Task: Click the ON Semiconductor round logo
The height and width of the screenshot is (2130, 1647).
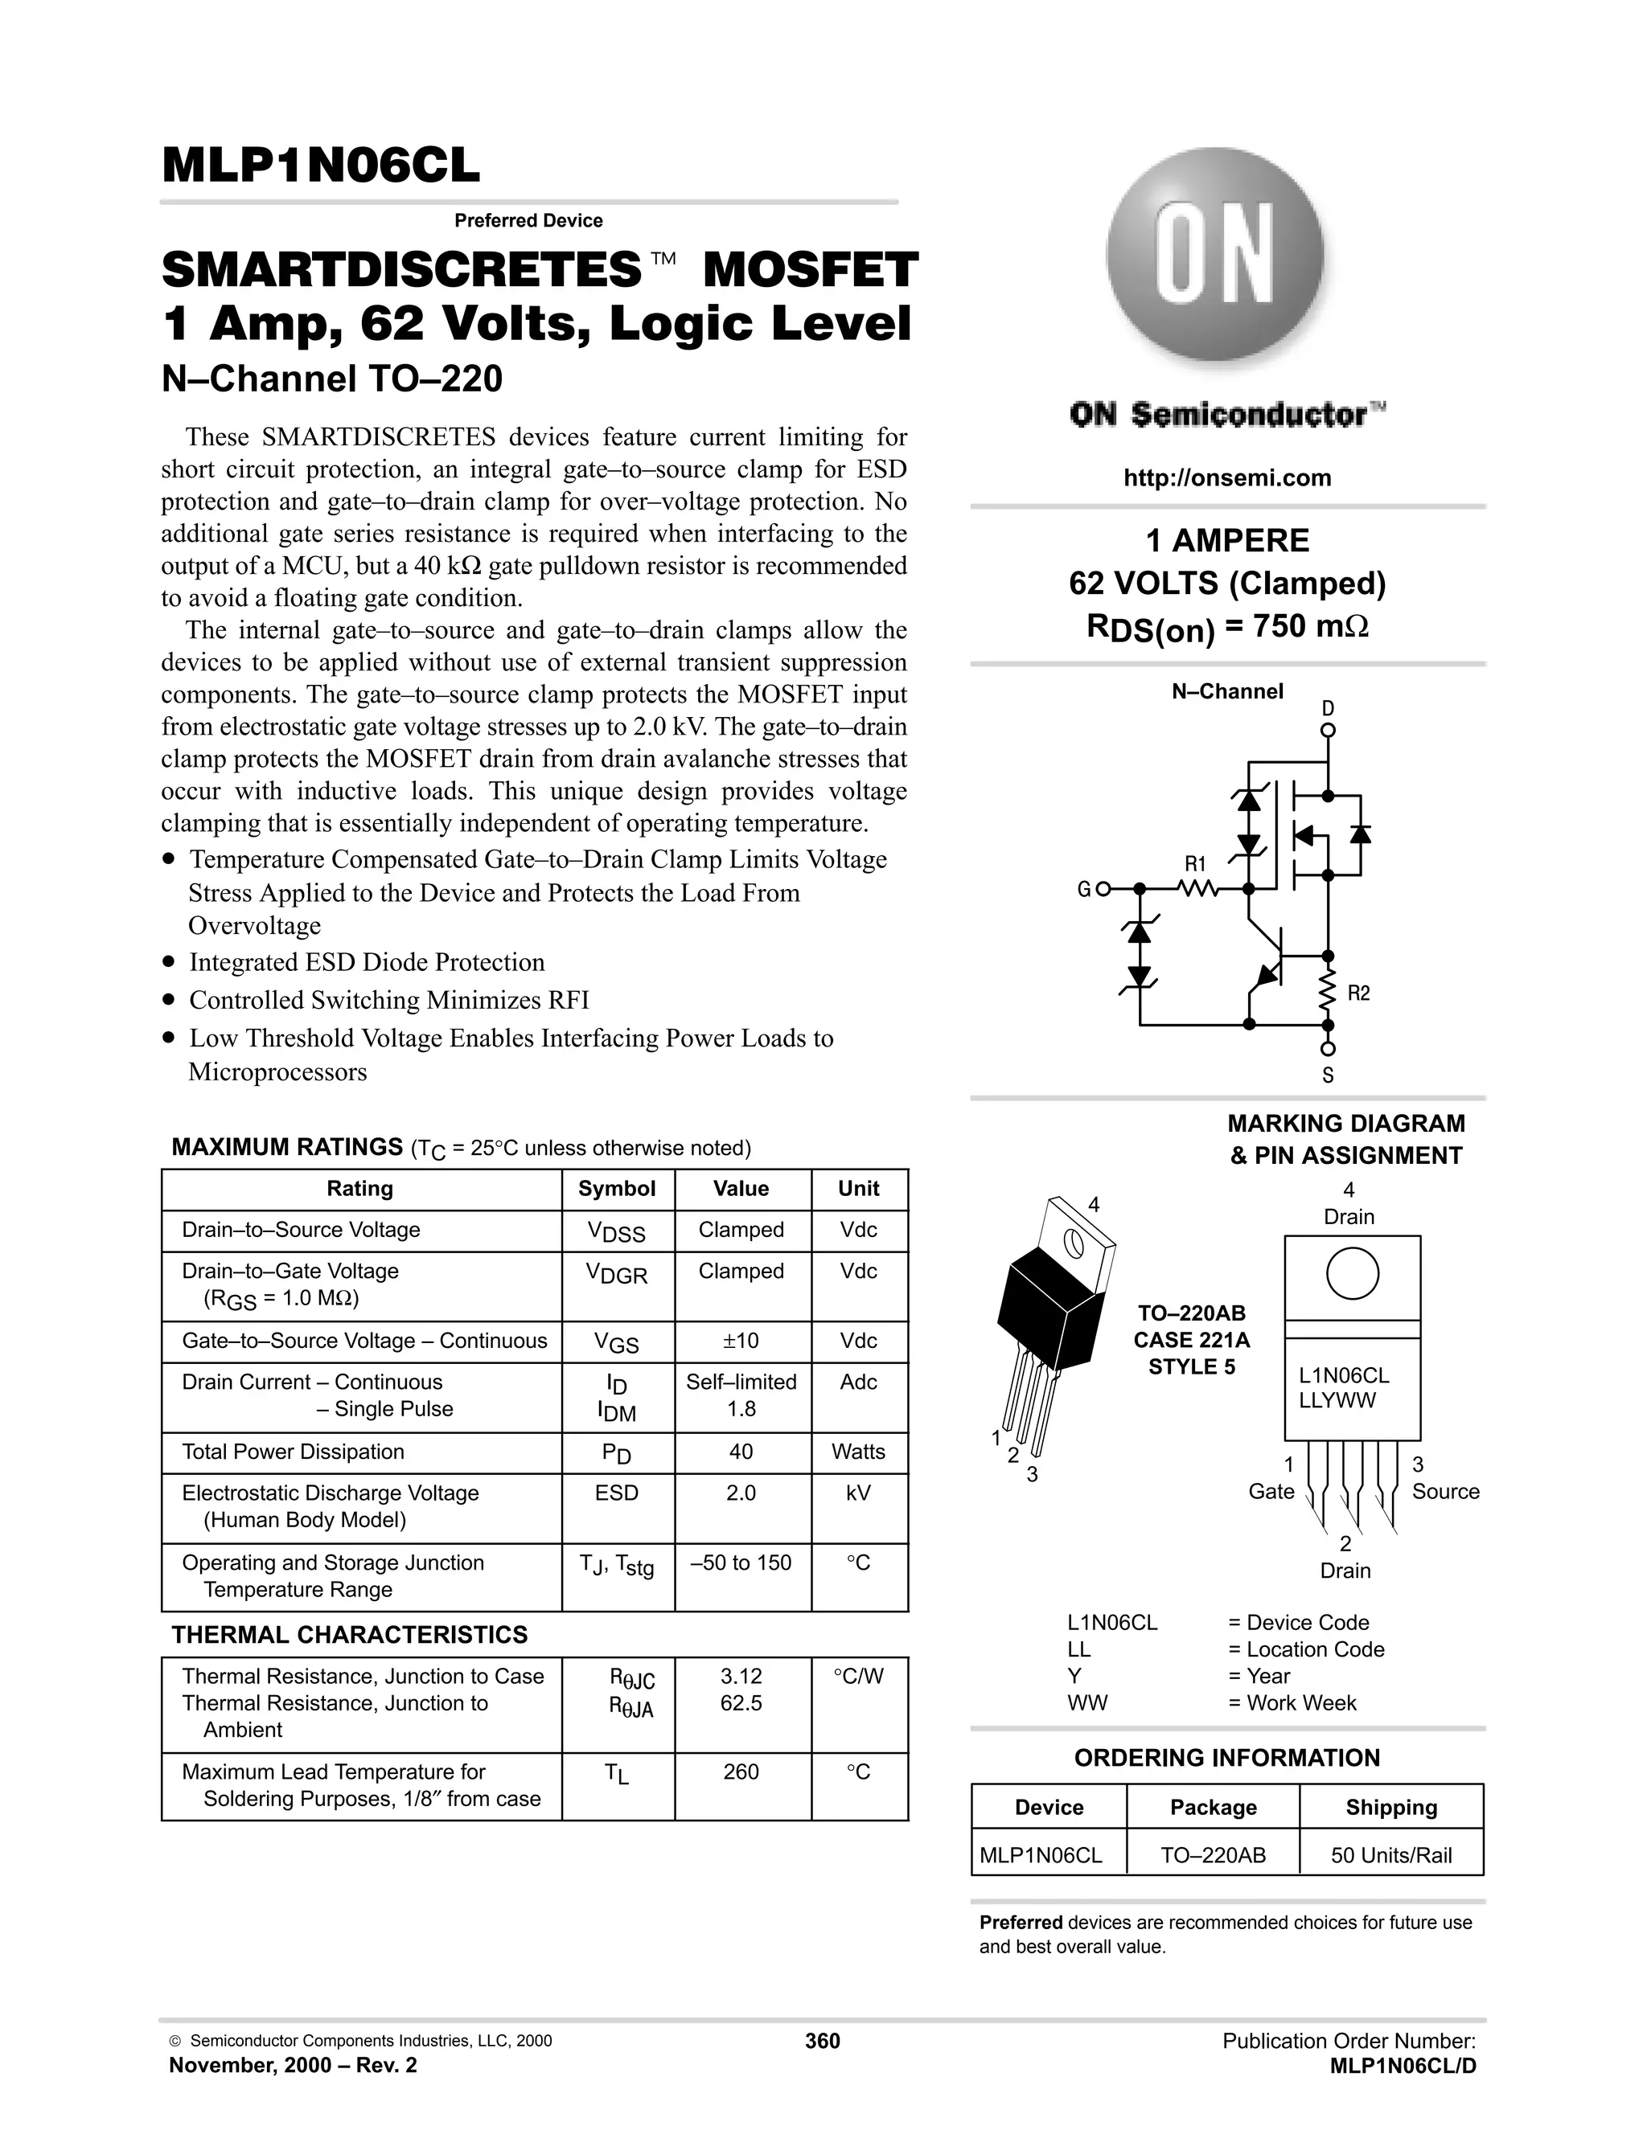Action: coord(1215,257)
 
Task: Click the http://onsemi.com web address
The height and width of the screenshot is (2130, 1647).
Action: coord(1226,478)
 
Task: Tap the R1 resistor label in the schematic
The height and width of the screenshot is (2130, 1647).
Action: coord(1195,864)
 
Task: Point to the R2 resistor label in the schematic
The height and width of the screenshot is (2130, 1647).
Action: coord(1358,993)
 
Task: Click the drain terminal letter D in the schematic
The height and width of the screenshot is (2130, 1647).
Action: coord(1328,708)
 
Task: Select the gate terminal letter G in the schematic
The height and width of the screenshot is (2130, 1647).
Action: coord(1083,890)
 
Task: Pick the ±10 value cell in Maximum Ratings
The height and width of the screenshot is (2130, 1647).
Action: coord(741,1341)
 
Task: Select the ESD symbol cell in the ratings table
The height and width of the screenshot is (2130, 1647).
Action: coord(617,1493)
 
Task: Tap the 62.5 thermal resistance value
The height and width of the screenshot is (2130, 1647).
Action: coord(741,1703)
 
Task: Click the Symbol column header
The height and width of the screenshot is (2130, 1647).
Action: coord(617,1189)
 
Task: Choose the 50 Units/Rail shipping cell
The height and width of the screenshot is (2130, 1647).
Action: coord(1390,1855)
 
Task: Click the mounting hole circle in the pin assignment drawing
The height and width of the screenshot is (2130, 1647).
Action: coord(1353,1274)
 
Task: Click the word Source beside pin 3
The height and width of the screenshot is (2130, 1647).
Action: coord(1445,1491)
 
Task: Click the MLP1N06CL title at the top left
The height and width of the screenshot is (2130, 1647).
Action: coord(321,166)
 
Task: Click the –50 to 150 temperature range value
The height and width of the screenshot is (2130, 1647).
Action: coord(741,1563)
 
